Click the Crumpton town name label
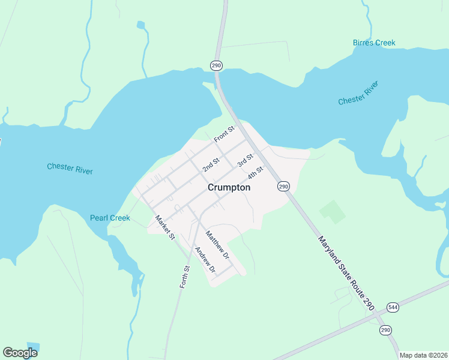click(229, 187)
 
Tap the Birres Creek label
click(374, 43)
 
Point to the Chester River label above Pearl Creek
click(70, 168)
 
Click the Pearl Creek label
click(110, 218)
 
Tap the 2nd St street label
click(211, 164)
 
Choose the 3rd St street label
click(245, 160)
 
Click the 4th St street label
click(256, 172)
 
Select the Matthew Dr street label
click(218, 245)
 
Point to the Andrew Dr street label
click(205, 260)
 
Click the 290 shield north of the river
click(217, 65)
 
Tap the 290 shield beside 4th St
click(283, 187)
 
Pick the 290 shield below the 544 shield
click(385, 330)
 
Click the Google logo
click(20, 353)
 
